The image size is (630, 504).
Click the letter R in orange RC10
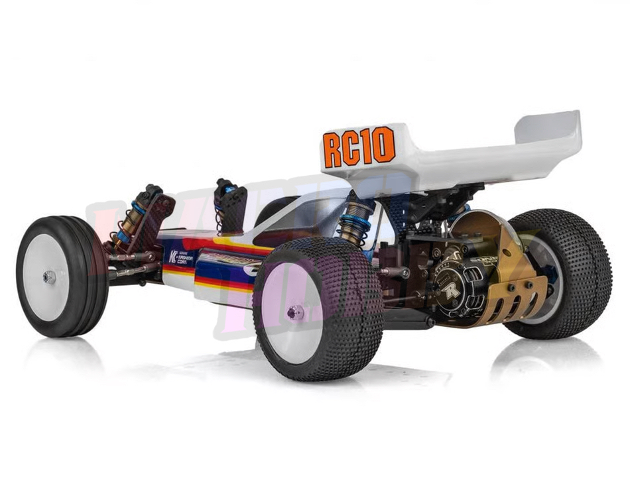point(333,151)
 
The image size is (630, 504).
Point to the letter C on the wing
point(352,149)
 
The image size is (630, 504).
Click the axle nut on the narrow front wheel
point(49,278)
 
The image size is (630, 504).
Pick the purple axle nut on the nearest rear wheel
point(295,312)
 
